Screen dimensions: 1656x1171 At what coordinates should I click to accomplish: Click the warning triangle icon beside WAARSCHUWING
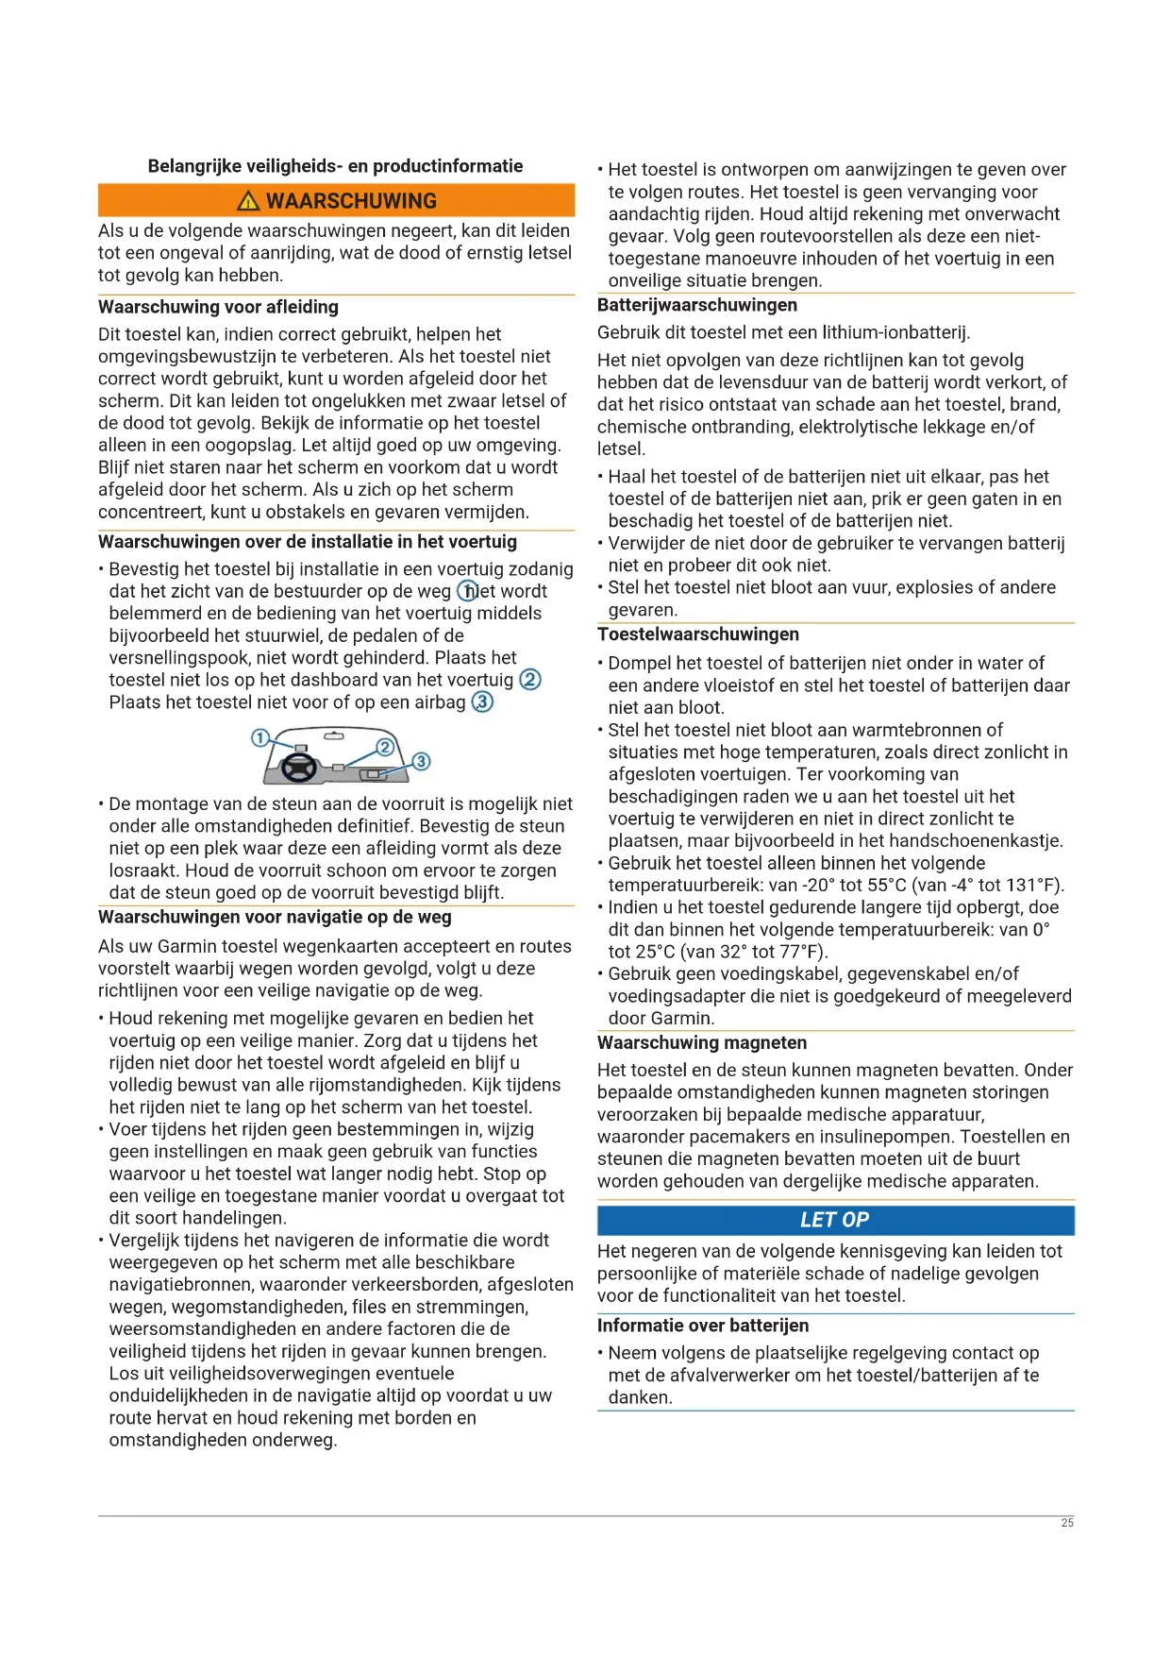pyautogui.click(x=249, y=200)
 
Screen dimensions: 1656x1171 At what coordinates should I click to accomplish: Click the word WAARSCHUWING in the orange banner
pyautogui.click(x=351, y=201)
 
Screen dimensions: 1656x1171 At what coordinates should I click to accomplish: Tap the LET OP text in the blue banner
pyautogui.click(x=834, y=1220)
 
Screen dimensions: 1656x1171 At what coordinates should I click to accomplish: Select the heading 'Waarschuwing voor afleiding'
pyautogui.click(x=218, y=307)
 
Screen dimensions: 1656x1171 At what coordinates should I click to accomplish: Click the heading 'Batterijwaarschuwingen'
pyautogui.click(x=697, y=305)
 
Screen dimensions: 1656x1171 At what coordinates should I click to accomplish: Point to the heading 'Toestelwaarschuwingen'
pyautogui.click(x=698, y=634)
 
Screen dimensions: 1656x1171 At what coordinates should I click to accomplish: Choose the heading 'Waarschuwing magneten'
pyautogui.click(x=702, y=1042)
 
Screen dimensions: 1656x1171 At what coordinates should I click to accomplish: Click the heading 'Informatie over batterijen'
pyautogui.click(x=703, y=1326)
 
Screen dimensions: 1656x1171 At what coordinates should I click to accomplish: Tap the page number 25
pyautogui.click(x=1067, y=1523)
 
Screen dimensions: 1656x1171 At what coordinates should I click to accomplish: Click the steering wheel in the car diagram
pyautogui.click(x=300, y=769)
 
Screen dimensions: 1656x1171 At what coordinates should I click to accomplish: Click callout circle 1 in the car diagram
pyautogui.click(x=260, y=737)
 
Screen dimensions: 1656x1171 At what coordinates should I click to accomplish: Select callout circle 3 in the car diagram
pyautogui.click(x=421, y=761)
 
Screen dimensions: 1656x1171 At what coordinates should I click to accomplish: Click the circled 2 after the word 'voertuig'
pyautogui.click(x=530, y=680)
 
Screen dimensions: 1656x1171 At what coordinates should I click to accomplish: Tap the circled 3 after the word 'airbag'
pyautogui.click(x=482, y=702)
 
